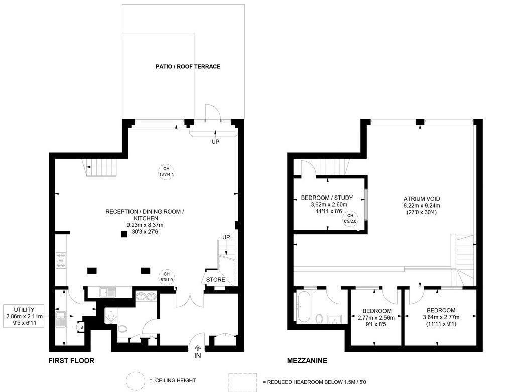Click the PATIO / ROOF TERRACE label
(188, 66)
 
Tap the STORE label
(216, 280)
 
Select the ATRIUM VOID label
(422, 199)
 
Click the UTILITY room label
(24, 310)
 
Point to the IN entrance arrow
(198, 348)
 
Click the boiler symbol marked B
(81, 327)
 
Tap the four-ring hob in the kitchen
(61, 260)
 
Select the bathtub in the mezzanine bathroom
(303, 306)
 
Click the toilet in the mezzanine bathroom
(319, 318)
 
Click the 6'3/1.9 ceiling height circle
(167, 277)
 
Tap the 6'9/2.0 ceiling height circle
(350, 218)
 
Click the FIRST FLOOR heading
(71, 361)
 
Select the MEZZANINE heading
(307, 361)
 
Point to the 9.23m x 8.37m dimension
(145, 225)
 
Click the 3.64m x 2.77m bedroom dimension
(441, 317)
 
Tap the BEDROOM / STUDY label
(327, 198)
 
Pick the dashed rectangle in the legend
(243, 382)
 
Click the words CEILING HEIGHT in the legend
(175, 380)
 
